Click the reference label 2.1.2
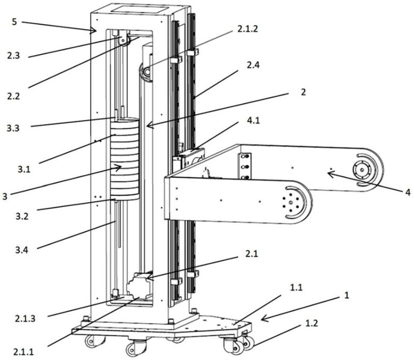(247, 29)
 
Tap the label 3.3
(13, 128)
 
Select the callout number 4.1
(253, 121)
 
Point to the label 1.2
(312, 323)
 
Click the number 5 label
(14, 22)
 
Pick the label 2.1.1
(24, 352)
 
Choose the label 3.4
(22, 250)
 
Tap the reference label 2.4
(253, 65)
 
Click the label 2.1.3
(25, 319)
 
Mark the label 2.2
(13, 96)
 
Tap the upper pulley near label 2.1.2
(146, 71)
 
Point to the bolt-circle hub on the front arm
(291, 203)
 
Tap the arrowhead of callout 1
(262, 319)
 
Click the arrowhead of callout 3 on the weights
(120, 167)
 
